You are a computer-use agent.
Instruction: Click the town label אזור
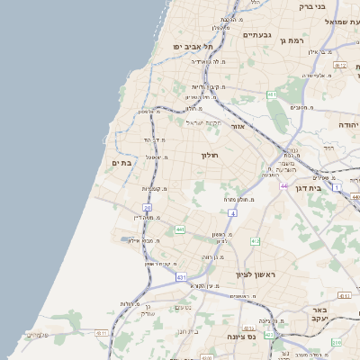[238, 126]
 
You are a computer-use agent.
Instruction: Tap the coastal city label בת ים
[121, 163]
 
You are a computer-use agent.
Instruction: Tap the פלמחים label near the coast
[37, 335]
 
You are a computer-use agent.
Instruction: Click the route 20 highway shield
[147, 207]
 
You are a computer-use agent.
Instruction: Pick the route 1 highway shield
[337, 187]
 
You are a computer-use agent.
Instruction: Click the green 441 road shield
[180, 229]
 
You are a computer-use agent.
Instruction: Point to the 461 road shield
[271, 94]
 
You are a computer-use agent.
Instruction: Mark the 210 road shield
[337, 342]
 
